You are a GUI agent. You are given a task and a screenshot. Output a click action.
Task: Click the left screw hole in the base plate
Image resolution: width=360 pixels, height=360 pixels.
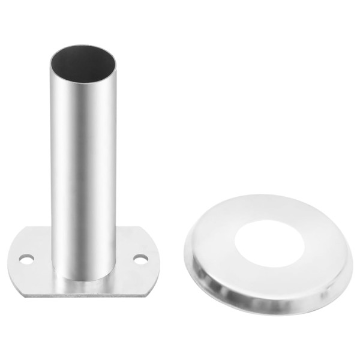click(x=26, y=259)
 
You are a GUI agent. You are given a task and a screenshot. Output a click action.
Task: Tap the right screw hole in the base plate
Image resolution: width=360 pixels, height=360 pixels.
click(x=140, y=259)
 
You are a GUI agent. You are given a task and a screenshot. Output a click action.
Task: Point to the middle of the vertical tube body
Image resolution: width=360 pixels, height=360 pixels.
click(x=84, y=168)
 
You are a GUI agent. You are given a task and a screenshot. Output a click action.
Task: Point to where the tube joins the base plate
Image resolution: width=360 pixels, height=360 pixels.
click(x=84, y=279)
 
